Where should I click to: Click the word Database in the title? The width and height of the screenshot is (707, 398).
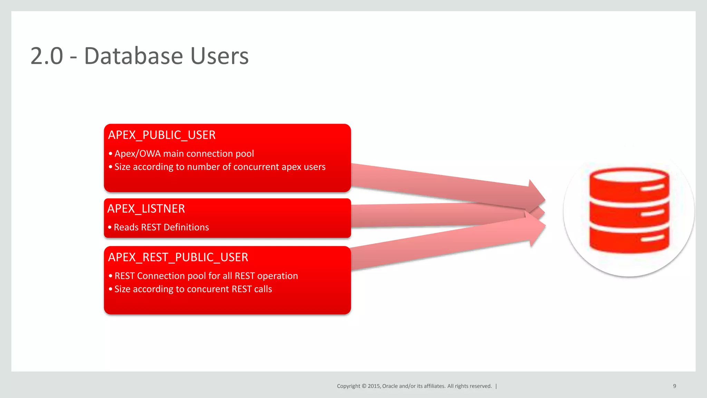click(x=133, y=56)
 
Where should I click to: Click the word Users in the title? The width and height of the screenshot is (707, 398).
click(x=219, y=56)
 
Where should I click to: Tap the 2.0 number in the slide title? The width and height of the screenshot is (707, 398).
click(x=47, y=56)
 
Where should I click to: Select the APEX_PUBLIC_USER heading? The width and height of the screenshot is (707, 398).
click(x=162, y=135)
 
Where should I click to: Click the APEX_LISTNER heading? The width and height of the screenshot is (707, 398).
click(x=146, y=209)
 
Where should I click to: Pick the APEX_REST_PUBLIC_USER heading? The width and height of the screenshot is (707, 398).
click(x=178, y=257)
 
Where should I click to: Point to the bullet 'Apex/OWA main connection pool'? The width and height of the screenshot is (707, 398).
click(x=184, y=154)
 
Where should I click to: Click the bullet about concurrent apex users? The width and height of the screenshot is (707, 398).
click(x=220, y=167)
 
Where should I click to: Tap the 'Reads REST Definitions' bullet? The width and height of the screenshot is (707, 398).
click(x=161, y=227)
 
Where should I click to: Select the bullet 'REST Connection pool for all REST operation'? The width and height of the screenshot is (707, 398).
click(x=206, y=276)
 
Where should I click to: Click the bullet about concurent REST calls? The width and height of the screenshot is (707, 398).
click(x=193, y=289)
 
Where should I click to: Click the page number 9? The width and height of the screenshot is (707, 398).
click(x=674, y=386)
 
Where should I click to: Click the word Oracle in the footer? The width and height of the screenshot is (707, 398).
click(x=390, y=386)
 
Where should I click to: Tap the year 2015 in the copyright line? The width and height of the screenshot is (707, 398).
click(x=374, y=386)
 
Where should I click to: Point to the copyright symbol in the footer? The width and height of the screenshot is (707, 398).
click(x=364, y=386)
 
